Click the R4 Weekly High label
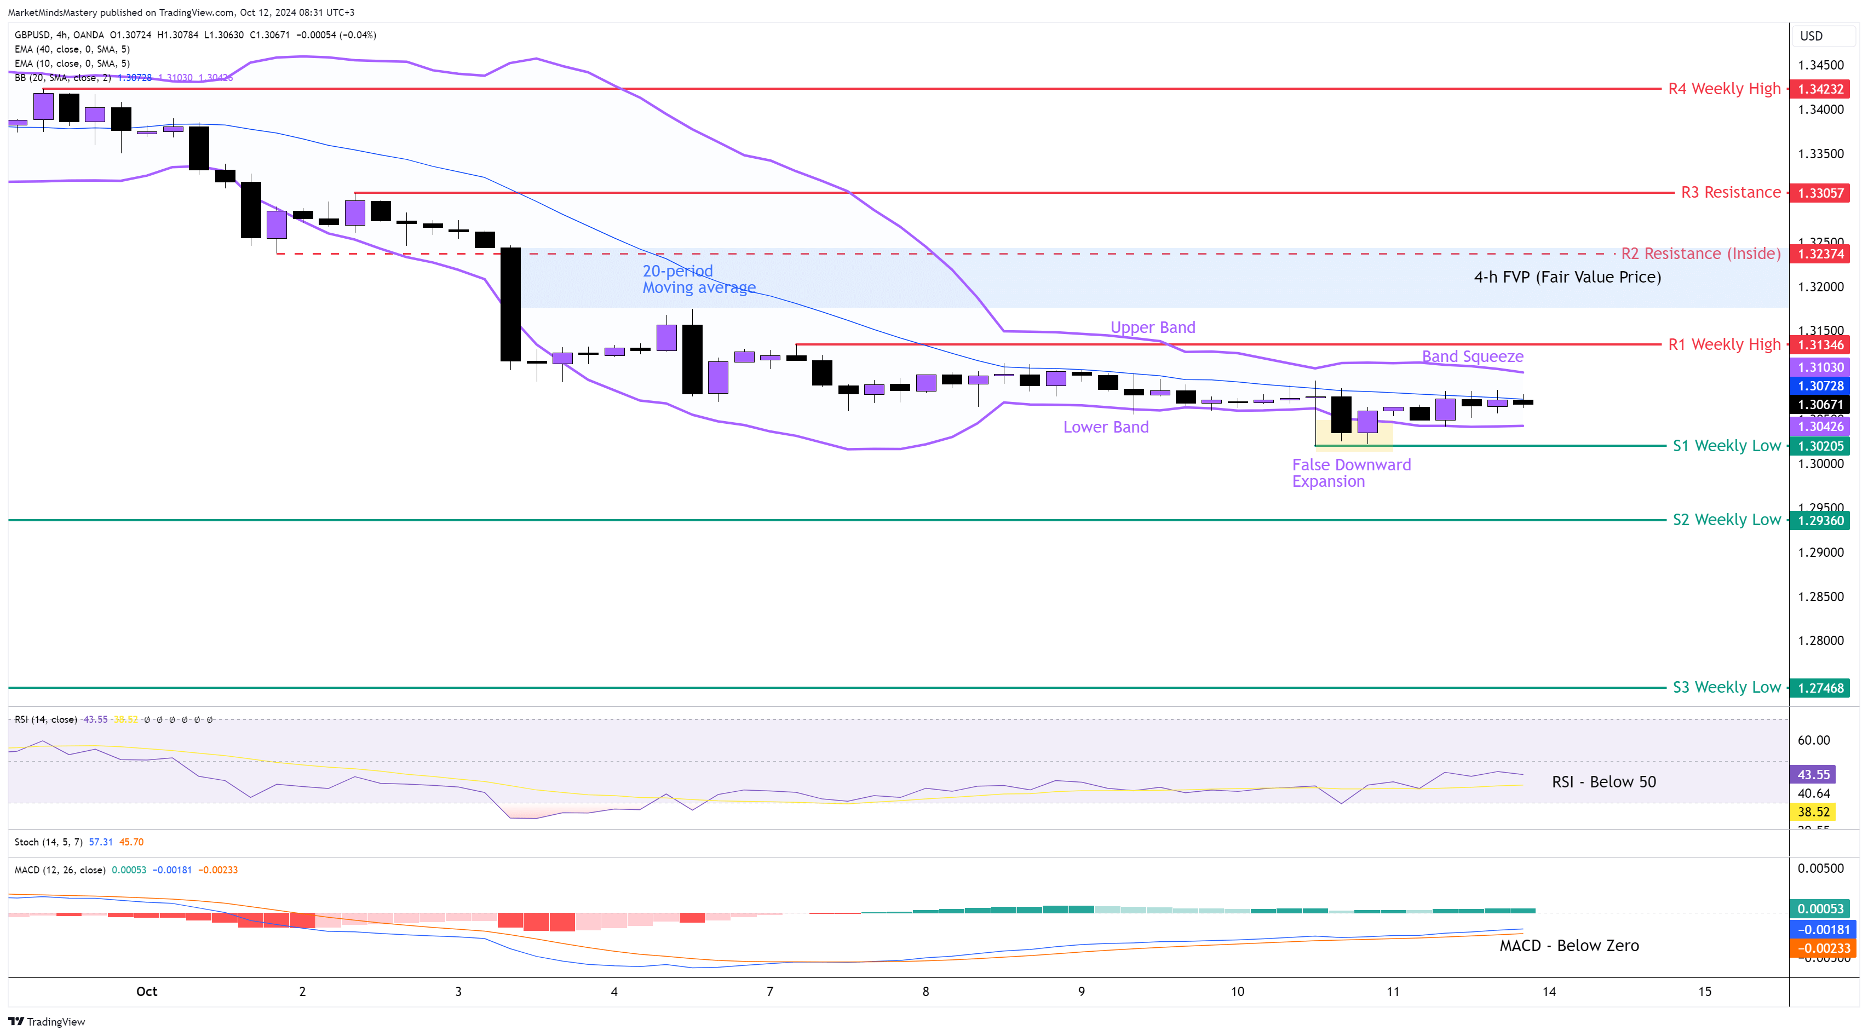(x=1723, y=89)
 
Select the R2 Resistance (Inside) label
(x=1700, y=254)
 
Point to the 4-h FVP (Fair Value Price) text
(x=1567, y=277)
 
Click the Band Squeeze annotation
(x=1472, y=356)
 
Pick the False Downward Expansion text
(x=1351, y=473)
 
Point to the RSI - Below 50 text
(x=1603, y=781)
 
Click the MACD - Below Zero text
(x=1568, y=945)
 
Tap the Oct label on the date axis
(x=146, y=992)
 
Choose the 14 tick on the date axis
(x=1549, y=992)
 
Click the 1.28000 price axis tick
(x=1820, y=641)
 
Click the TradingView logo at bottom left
(x=47, y=1022)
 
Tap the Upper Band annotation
(x=1152, y=327)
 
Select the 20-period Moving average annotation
(x=698, y=279)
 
